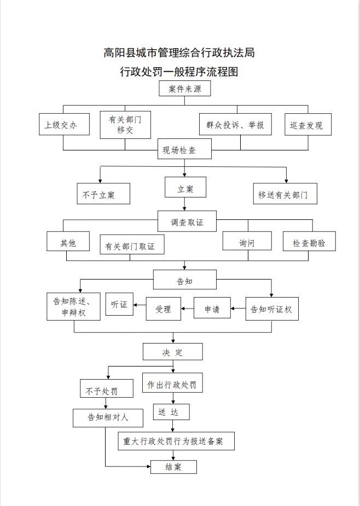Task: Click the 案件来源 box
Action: click(185, 89)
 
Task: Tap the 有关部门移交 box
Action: click(125, 125)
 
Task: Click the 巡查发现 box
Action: click(307, 125)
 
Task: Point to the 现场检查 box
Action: click(179, 149)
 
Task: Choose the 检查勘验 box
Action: click(309, 242)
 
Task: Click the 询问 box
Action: click(247, 242)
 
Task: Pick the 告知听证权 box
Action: click(272, 309)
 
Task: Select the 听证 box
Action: click(119, 305)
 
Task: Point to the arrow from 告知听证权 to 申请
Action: click(238, 309)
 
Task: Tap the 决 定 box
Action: click(173, 352)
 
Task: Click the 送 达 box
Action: click(171, 412)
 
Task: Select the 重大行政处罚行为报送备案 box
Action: click(176, 441)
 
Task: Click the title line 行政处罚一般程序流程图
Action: click(179, 72)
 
